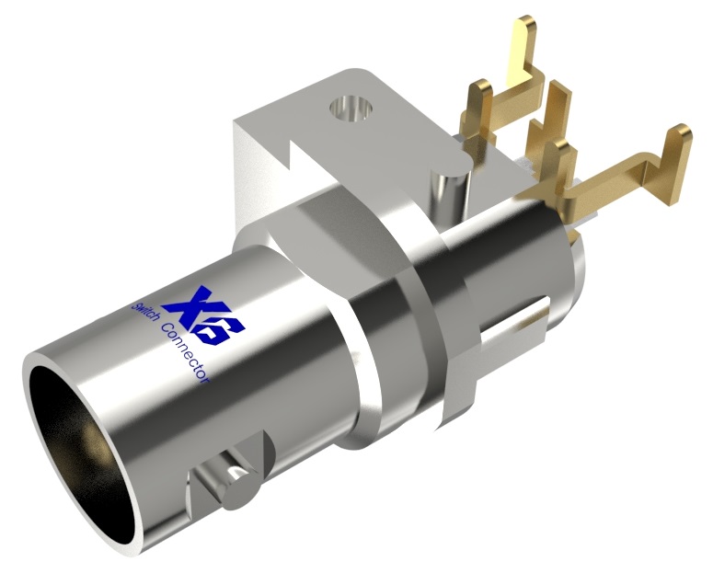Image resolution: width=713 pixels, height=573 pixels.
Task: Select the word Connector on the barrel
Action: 193,350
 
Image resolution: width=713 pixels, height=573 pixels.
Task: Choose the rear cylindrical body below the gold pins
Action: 515,276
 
